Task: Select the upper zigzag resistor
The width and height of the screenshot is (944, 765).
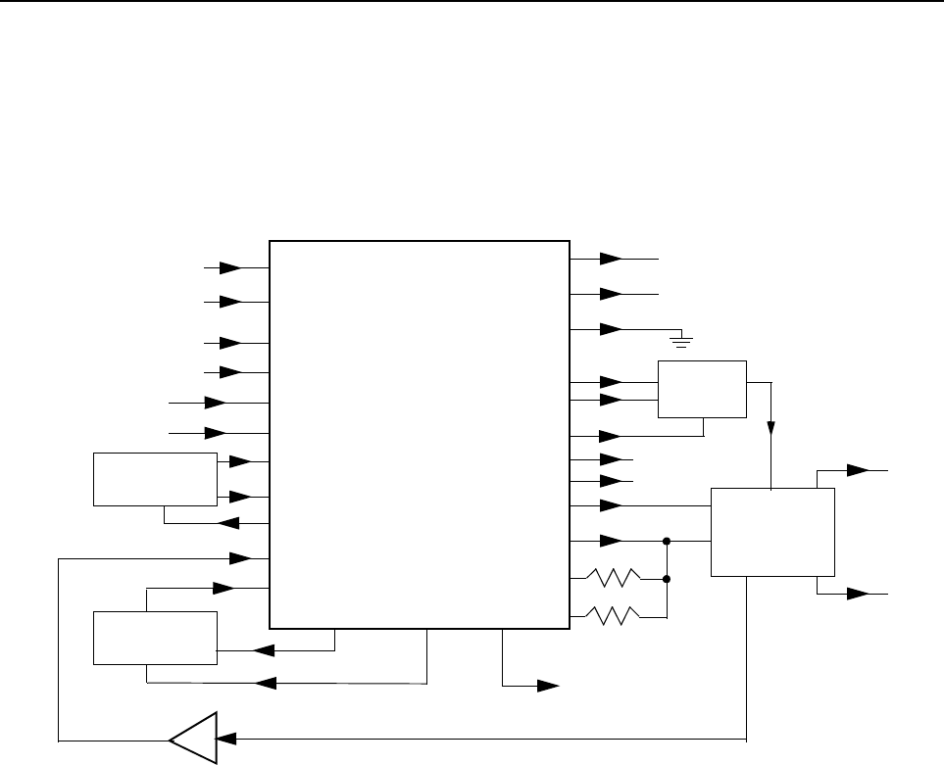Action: [614, 578]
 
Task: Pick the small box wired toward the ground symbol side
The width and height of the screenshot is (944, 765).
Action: [702, 389]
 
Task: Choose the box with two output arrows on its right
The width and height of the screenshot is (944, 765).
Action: [772, 532]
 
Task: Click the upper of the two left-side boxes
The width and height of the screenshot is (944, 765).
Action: [155, 479]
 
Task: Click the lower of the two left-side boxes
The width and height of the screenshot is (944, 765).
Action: [155, 637]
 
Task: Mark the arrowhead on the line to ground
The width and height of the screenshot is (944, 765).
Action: [610, 328]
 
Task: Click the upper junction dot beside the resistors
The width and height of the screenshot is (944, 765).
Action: [667, 540]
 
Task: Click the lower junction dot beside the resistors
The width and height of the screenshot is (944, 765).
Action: [667, 579]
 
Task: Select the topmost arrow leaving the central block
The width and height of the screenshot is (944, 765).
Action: [610, 259]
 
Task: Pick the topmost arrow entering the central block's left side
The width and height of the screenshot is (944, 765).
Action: [230, 266]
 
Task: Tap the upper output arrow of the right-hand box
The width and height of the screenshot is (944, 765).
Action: [859, 470]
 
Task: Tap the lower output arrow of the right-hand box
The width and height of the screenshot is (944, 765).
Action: [859, 594]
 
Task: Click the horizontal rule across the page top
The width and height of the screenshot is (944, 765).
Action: [472, 2]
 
